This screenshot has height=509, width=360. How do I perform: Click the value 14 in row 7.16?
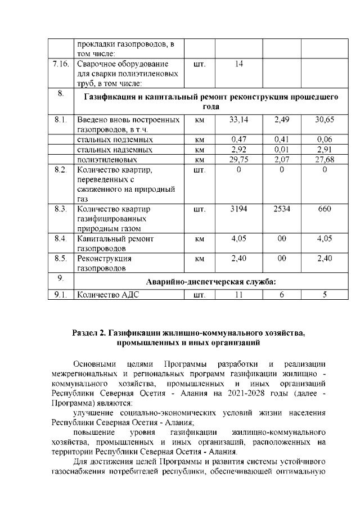(239, 64)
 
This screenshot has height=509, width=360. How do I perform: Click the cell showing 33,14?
(239, 120)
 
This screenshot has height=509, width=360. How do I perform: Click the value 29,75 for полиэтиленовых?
(239, 159)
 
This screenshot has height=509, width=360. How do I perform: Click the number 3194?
(239, 209)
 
